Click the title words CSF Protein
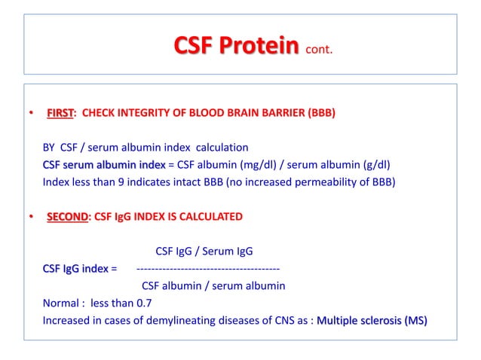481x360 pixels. [x=236, y=47]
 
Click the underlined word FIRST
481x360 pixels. [x=60, y=114]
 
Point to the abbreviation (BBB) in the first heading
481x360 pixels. [x=317, y=114]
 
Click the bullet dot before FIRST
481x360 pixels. [x=31, y=114]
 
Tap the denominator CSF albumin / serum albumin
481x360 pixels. [x=213, y=285]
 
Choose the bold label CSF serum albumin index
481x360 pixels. [x=104, y=165]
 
